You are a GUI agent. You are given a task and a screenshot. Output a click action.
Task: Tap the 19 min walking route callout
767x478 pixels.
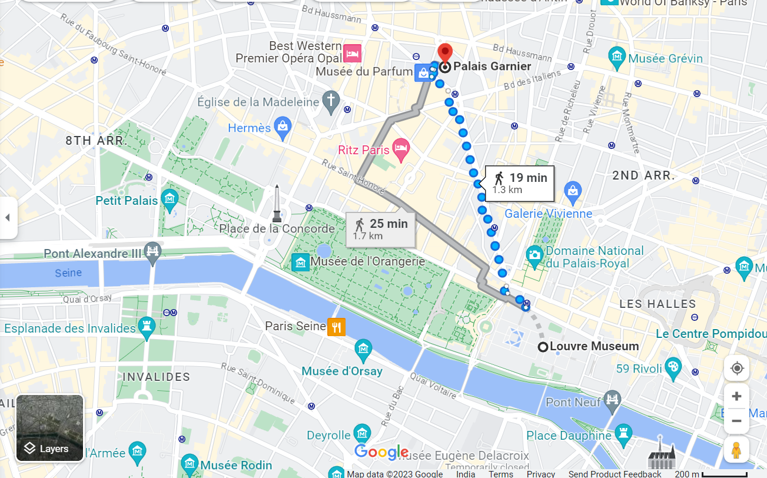click(x=520, y=183)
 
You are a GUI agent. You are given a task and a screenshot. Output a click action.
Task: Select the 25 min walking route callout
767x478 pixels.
click(x=381, y=229)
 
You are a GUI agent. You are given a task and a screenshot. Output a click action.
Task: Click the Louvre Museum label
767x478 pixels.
click(x=593, y=346)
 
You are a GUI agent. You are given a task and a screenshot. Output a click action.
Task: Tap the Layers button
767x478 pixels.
click(x=49, y=428)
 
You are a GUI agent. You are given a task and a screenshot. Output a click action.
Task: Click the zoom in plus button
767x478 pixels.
click(x=736, y=396)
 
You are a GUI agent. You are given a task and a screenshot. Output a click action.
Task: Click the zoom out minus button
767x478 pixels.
click(x=736, y=421)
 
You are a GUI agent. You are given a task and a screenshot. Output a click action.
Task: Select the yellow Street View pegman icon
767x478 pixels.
click(x=736, y=450)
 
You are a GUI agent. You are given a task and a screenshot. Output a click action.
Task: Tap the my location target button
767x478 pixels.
click(x=736, y=369)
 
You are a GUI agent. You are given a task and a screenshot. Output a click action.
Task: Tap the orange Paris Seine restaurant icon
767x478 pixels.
click(x=336, y=327)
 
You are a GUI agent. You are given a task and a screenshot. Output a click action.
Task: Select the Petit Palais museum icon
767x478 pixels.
click(x=170, y=198)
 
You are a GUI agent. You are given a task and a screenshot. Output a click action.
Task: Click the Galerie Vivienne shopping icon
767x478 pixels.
click(x=572, y=190)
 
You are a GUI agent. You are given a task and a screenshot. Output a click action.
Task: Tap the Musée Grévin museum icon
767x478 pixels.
click(x=617, y=57)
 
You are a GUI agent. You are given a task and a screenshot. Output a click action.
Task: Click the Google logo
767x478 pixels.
click(x=381, y=452)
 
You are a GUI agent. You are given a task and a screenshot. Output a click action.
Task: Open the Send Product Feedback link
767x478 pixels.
click(x=615, y=474)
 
